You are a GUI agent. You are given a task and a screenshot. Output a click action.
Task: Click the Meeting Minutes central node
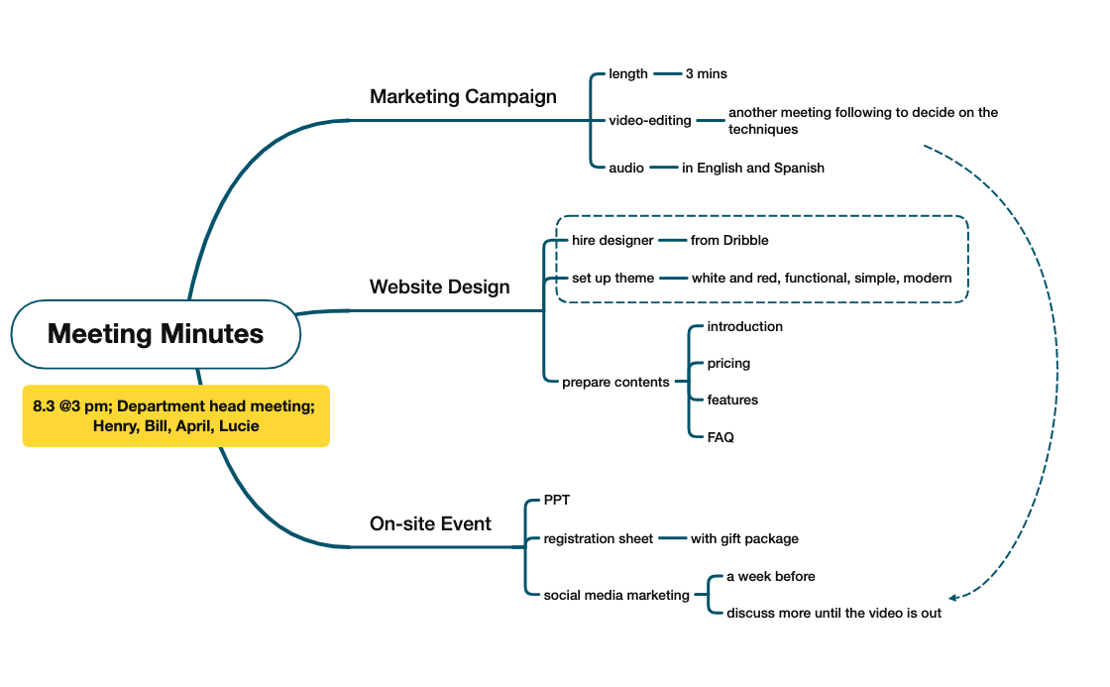pyautogui.click(x=156, y=334)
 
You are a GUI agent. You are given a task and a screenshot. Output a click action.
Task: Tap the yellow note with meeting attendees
pyautogui.click(x=175, y=416)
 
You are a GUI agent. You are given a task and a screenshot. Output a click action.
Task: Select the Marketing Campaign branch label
pyautogui.click(x=463, y=96)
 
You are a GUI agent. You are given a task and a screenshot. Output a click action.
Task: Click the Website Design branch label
pyautogui.click(x=439, y=286)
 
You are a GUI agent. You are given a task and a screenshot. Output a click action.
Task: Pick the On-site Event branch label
pyautogui.click(x=430, y=523)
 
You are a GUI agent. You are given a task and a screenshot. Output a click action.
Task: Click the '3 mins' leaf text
pyautogui.click(x=706, y=73)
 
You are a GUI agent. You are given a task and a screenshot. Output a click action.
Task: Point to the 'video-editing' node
pyautogui.click(x=649, y=120)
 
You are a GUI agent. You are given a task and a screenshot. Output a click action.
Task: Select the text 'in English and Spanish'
pyautogui.click(x=752, y=168)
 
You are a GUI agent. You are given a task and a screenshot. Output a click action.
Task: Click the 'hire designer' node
pyautogui.click(x=612, y=240)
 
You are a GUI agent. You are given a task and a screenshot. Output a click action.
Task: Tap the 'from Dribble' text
pyautogui.click(x=729, y=240)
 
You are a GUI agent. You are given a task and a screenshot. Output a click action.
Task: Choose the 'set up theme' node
pyautogui.click(x=612, y=278)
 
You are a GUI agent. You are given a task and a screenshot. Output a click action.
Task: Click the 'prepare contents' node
pyautogui.click(x=615, y=382)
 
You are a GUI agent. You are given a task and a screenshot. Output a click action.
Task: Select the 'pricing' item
pyautogui.click(x=728, y=363)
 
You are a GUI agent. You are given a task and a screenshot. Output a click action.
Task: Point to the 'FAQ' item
pyautogui.click(x=721, y=436)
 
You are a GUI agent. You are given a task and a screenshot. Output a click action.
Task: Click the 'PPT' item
pyautogui.click(x=557, y=501)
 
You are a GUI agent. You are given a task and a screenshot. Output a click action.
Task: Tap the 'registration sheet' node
pyautogui.click(x=599, y=538)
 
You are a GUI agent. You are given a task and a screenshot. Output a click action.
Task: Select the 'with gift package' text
pyautogui.click(x=744, y=538)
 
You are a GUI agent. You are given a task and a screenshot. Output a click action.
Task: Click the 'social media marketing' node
pyautogui.click(x=616, y=595)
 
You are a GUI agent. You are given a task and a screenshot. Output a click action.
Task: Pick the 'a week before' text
pyautogui.click(x=770, y=576)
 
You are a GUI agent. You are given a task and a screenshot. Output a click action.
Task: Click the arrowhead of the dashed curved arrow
pyautogui.click(x=952, y=598)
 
